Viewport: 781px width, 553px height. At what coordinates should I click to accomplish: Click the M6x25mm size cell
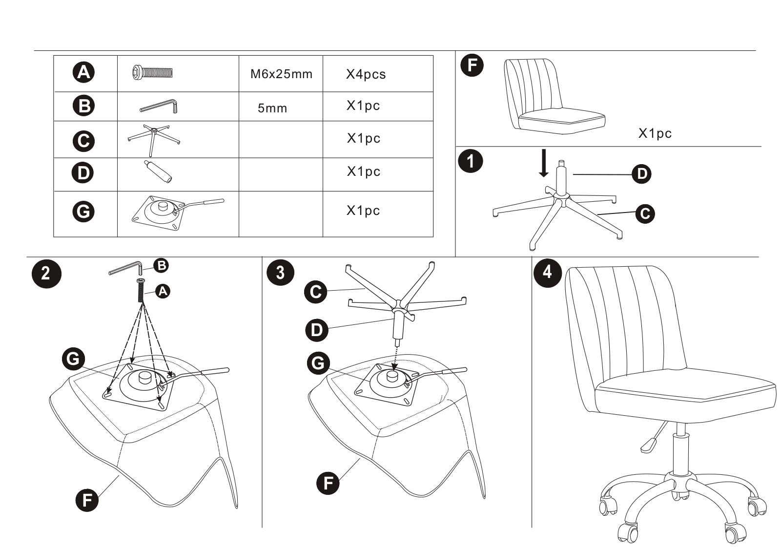pos(281,74)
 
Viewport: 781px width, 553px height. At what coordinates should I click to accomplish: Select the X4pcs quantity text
pos(366,74)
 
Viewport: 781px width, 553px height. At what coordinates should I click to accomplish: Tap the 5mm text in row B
pos(272,108)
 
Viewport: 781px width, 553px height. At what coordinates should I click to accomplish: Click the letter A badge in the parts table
pos(83,73)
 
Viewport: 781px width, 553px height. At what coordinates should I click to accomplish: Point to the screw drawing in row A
pos(153,73)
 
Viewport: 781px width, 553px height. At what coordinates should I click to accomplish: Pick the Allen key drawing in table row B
pos(159,106)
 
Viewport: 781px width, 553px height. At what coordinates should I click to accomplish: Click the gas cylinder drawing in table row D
pos(158,171)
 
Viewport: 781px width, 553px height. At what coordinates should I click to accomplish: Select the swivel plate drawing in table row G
pos(178,213)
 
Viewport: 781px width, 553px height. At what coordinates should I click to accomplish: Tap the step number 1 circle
pos(471,162)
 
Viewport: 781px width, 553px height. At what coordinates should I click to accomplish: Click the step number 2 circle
pos(46,274)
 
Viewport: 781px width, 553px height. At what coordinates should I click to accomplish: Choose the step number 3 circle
pos(280,273)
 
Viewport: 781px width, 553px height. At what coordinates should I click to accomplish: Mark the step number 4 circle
pos(548,273)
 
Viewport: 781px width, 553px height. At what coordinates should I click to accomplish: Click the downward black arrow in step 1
pos(543,163)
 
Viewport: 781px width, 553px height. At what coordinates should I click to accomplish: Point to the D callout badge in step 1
pos(642,174)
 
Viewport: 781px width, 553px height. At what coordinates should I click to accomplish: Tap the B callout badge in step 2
pos(161,266)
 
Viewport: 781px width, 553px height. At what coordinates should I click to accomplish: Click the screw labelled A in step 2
pos(141,290)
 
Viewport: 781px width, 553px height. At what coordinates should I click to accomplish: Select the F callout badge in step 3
pos(328,483)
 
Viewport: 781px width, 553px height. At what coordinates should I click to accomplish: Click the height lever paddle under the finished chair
pos(648,446)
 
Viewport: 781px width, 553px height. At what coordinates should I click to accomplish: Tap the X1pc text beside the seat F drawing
pos(655,133)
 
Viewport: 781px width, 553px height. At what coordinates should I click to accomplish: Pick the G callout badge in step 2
pos(73,359)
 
